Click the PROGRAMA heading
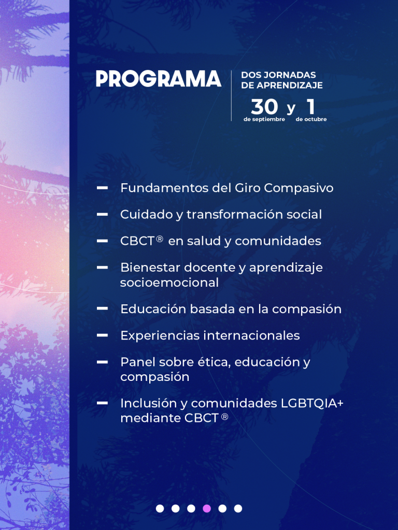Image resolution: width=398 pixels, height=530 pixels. click(159, 79)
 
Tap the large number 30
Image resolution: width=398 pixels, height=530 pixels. click(265, 107)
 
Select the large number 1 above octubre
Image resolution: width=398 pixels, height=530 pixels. click(311, 107)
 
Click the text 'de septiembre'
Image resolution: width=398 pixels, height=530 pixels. click(264, 120)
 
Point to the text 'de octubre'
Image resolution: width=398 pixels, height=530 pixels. click(311, 120)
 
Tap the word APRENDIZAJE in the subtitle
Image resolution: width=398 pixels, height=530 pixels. click(290, 85)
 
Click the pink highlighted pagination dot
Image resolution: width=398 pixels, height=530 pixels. click(207, 508)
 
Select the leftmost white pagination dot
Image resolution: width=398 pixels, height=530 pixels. click(160, 508)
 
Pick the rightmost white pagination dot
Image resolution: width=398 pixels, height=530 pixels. click(238, 508)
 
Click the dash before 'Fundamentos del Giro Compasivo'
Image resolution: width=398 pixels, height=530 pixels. click(102, 187)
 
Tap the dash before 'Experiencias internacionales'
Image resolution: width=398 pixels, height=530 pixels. click(102, 335)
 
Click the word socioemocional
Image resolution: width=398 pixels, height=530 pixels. click(169, 283)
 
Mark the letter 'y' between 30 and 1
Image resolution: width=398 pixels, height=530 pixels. click(291, 109)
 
